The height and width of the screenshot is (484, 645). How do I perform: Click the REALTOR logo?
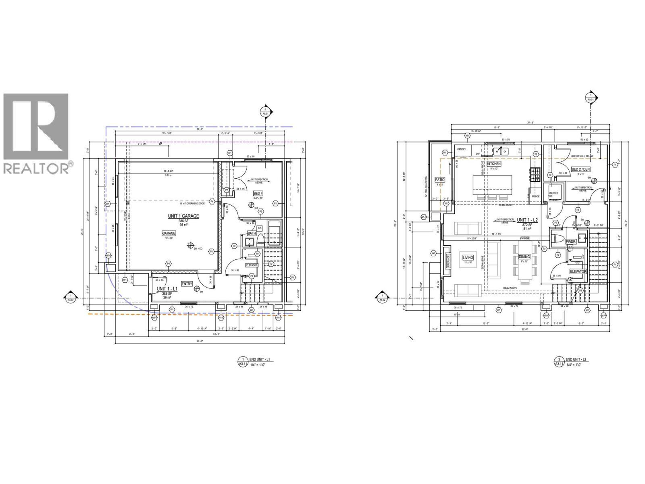[36, 133]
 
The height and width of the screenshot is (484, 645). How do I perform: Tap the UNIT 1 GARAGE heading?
[183, 216]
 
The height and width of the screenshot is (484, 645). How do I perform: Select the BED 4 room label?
[258, 193]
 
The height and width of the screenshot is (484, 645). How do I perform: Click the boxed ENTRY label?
[187, 284]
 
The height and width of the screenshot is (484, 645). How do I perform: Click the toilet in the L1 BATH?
[260, 241]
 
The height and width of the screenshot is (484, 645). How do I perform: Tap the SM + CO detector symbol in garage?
[190, 245]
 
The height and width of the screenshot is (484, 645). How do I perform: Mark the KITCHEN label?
[494, 164]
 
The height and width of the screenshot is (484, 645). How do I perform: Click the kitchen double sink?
[501, 151]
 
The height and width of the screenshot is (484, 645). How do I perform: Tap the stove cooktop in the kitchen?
[535, 175]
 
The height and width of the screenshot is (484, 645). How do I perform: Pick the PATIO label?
[439, 179]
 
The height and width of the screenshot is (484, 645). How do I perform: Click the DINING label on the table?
[524, 257]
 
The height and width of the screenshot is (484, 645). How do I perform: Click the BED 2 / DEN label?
[580, 169]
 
